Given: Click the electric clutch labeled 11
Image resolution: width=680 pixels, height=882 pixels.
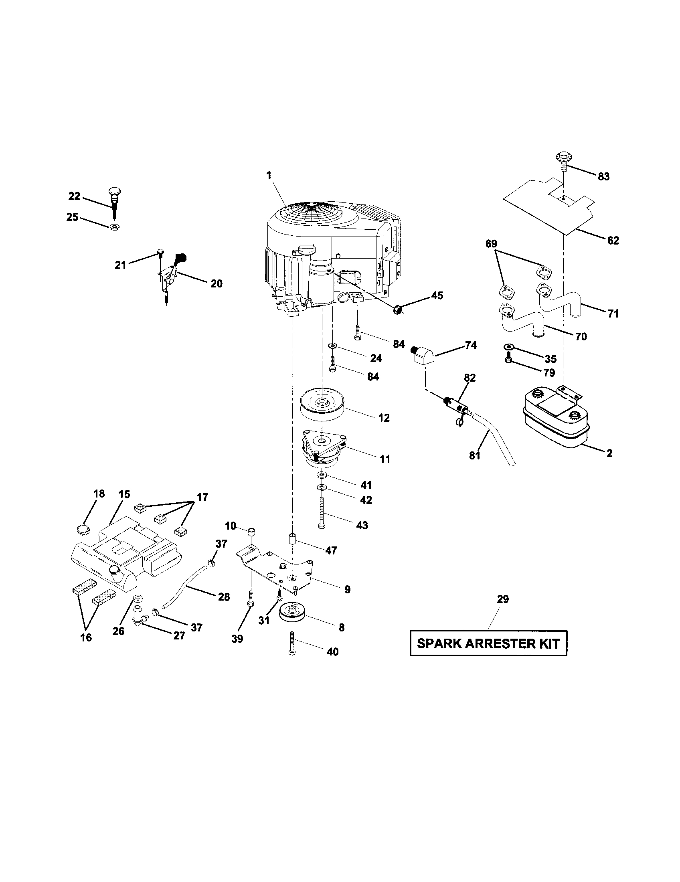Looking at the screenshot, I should click(x=323, y=448).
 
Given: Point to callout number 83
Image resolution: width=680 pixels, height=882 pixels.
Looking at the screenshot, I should click(x=603, y=176).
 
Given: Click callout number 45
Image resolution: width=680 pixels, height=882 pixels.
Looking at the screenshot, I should click(x=437, y=295).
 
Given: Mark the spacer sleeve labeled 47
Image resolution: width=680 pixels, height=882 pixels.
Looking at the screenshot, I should click(x=292, y=539).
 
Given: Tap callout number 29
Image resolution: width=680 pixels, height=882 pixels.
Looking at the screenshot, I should click(x=503, y=599).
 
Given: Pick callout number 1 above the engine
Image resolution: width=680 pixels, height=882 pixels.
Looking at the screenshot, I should click(x=269, y=175).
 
